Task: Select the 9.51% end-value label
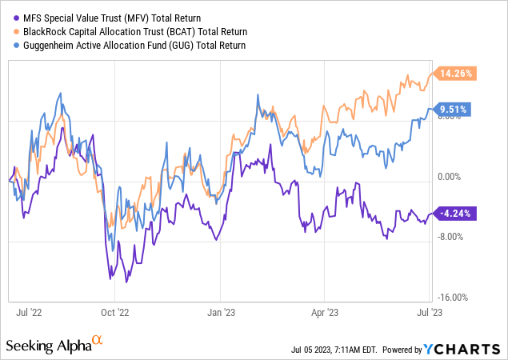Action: [453, 109]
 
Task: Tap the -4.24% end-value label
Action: [453, 214]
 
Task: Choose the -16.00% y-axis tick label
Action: [454, 297]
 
